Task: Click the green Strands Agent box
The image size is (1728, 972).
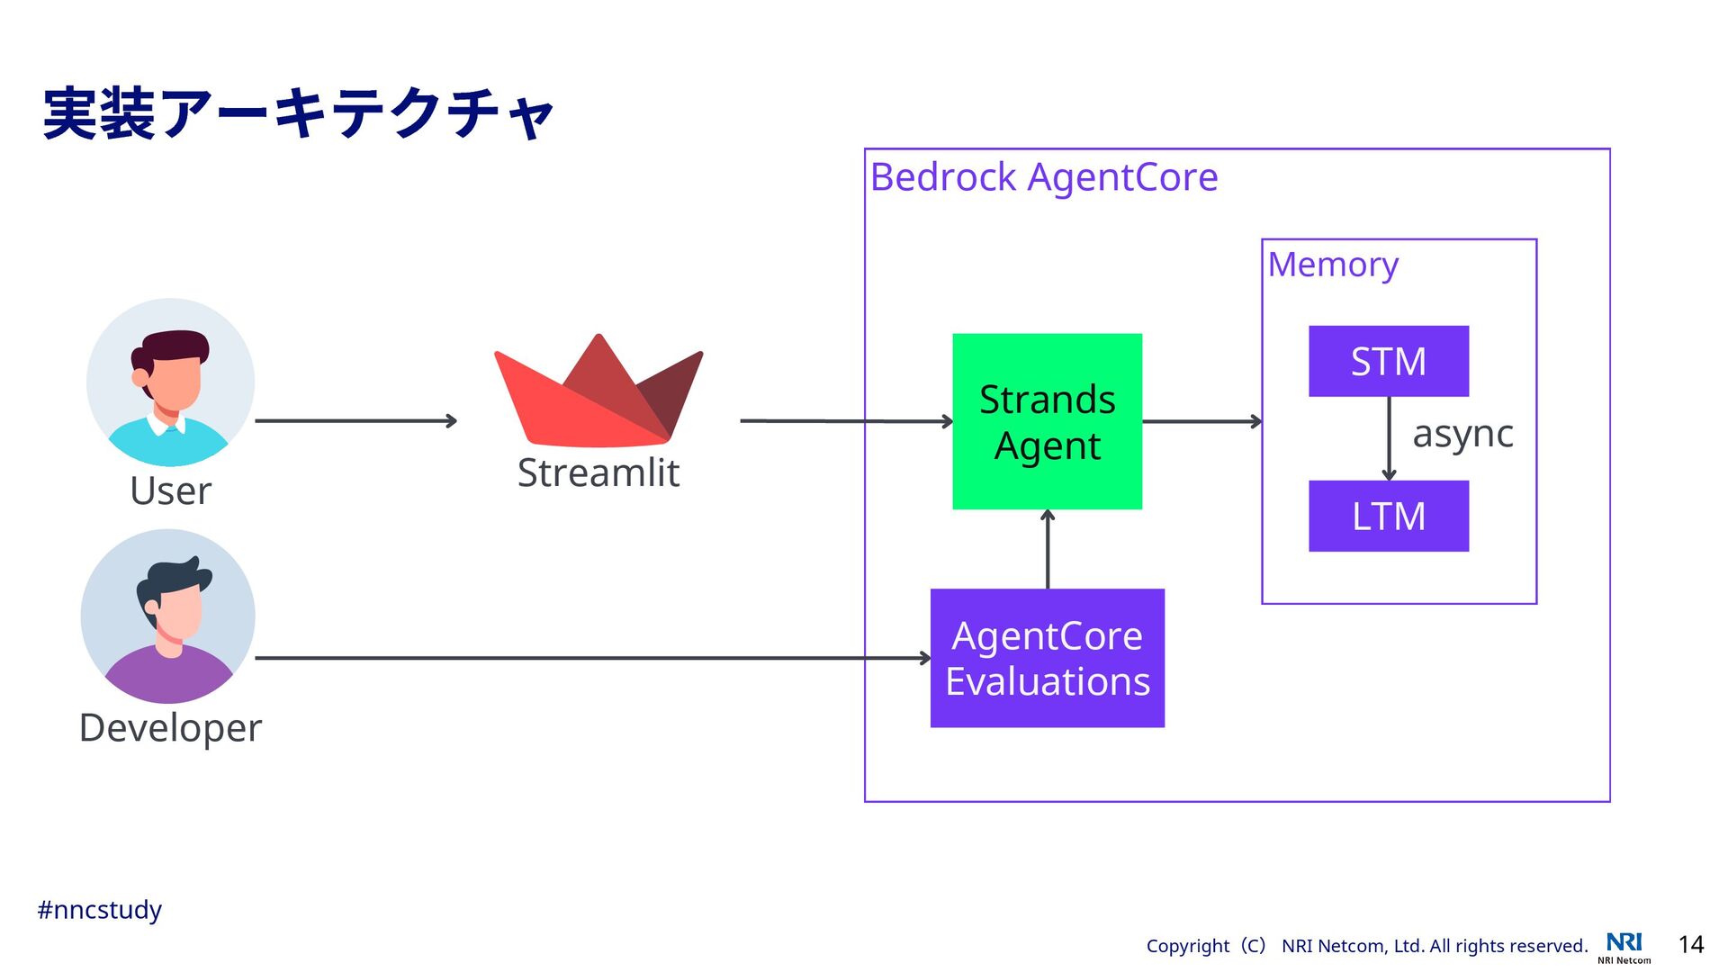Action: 1047,421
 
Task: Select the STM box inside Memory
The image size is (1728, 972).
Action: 1389,361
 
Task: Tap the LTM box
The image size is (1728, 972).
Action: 1389,516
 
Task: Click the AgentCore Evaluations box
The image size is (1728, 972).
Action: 1047,658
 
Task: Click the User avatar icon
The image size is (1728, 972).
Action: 170,382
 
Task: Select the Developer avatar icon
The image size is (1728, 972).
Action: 167,616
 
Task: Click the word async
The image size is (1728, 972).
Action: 1462,435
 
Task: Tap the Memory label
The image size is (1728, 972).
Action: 1333,265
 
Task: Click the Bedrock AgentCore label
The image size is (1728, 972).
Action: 1044,178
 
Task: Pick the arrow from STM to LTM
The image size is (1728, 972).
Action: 1389,438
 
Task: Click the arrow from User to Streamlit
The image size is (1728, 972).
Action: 356,420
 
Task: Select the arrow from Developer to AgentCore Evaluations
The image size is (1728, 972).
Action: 593,658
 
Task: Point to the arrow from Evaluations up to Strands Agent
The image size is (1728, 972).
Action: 1048,549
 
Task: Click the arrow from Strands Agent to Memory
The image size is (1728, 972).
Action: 1202,421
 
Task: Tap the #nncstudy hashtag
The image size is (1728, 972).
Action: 99,910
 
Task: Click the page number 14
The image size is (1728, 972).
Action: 1691,944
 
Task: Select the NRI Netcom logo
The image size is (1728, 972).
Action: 1624,948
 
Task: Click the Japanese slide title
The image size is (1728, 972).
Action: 298,113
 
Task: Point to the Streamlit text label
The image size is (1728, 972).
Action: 598,472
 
